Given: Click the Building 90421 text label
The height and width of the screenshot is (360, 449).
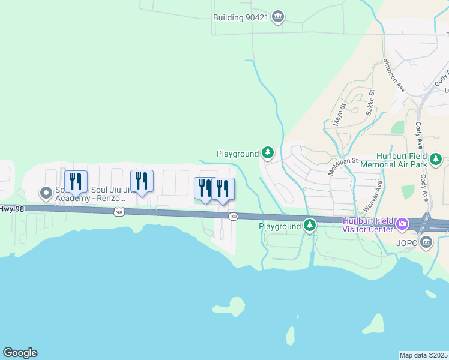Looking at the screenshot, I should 240,17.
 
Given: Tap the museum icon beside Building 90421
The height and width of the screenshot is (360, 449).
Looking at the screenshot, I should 277,17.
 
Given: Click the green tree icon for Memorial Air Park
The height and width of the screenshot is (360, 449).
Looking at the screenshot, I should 436,160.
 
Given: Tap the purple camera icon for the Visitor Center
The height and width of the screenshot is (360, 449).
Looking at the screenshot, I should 402,226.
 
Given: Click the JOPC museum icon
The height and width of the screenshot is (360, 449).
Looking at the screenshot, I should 426,242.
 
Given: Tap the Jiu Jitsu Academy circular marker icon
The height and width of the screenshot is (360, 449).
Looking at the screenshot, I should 46,193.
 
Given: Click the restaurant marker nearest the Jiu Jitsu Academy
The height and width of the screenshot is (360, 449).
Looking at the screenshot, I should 76,181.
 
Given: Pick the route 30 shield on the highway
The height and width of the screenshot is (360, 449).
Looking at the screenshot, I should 233,216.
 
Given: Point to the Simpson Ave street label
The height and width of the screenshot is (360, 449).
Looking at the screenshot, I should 394,76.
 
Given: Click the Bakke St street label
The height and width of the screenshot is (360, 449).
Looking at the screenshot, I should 370,102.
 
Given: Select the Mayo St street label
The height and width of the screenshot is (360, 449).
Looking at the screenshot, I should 340,113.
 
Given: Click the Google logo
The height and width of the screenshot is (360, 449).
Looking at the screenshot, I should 20,353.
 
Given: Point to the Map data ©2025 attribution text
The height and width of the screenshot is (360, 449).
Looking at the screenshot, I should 424,355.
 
